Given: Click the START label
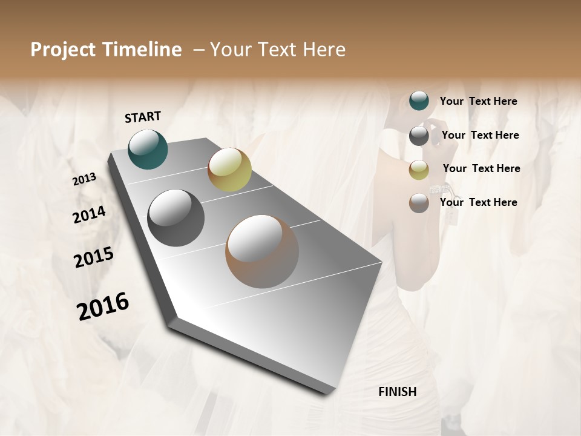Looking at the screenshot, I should coord(143,117).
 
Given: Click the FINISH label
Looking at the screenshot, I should coord(397,392).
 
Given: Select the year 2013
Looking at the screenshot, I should coord(85,179).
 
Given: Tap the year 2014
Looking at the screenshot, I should coord(89,214).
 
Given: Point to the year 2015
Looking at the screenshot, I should coord(94,257).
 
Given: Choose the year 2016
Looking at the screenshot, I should coord(103,306).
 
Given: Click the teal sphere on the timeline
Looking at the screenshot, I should coord(148,149).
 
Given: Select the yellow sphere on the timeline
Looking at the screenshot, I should coord(229,170).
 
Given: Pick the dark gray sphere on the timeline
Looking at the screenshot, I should coord(176,218).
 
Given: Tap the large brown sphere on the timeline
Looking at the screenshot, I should coord(261,251).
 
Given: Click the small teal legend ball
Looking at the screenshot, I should coord(419,101).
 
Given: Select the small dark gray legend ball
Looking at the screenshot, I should coord(419,136).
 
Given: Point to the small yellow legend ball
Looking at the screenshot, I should coord(419,170).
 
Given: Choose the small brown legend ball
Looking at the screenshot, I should coord(419,203).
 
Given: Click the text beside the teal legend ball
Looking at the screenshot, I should coord(478,101).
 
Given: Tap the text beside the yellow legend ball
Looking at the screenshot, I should coord(481,168).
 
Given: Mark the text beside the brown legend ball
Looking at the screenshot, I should coord(478,202).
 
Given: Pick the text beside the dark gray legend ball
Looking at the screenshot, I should coord(480,135).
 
